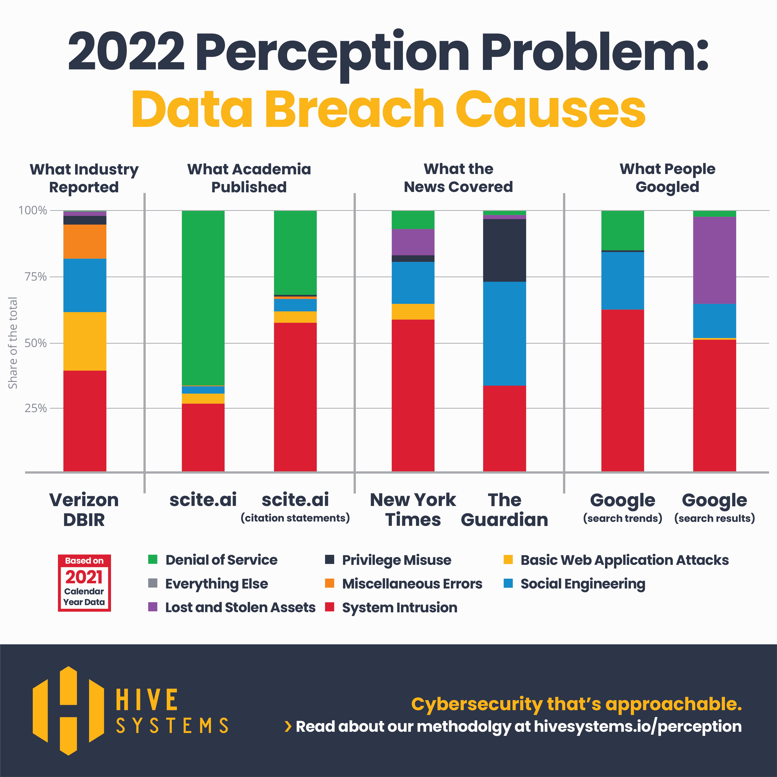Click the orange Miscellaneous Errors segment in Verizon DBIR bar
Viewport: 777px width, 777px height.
click(x=85, y=241)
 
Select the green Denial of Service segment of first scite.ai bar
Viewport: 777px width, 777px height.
click(x=203, y=298)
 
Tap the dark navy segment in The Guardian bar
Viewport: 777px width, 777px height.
click(x=504, y=250)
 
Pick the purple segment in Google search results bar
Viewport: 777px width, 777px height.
click(x=714, y=260)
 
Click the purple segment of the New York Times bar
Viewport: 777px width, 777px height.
click(x=413, y=242)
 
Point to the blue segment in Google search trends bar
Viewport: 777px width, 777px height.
click(x=622, y=280)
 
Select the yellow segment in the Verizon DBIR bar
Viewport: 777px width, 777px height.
click(x=85, y=341)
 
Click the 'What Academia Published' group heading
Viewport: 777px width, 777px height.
click(x=249, y=178)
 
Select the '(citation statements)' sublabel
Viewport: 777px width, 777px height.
click(x=295, y=518)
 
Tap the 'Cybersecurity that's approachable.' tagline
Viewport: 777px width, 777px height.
click(x=576, y=704)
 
